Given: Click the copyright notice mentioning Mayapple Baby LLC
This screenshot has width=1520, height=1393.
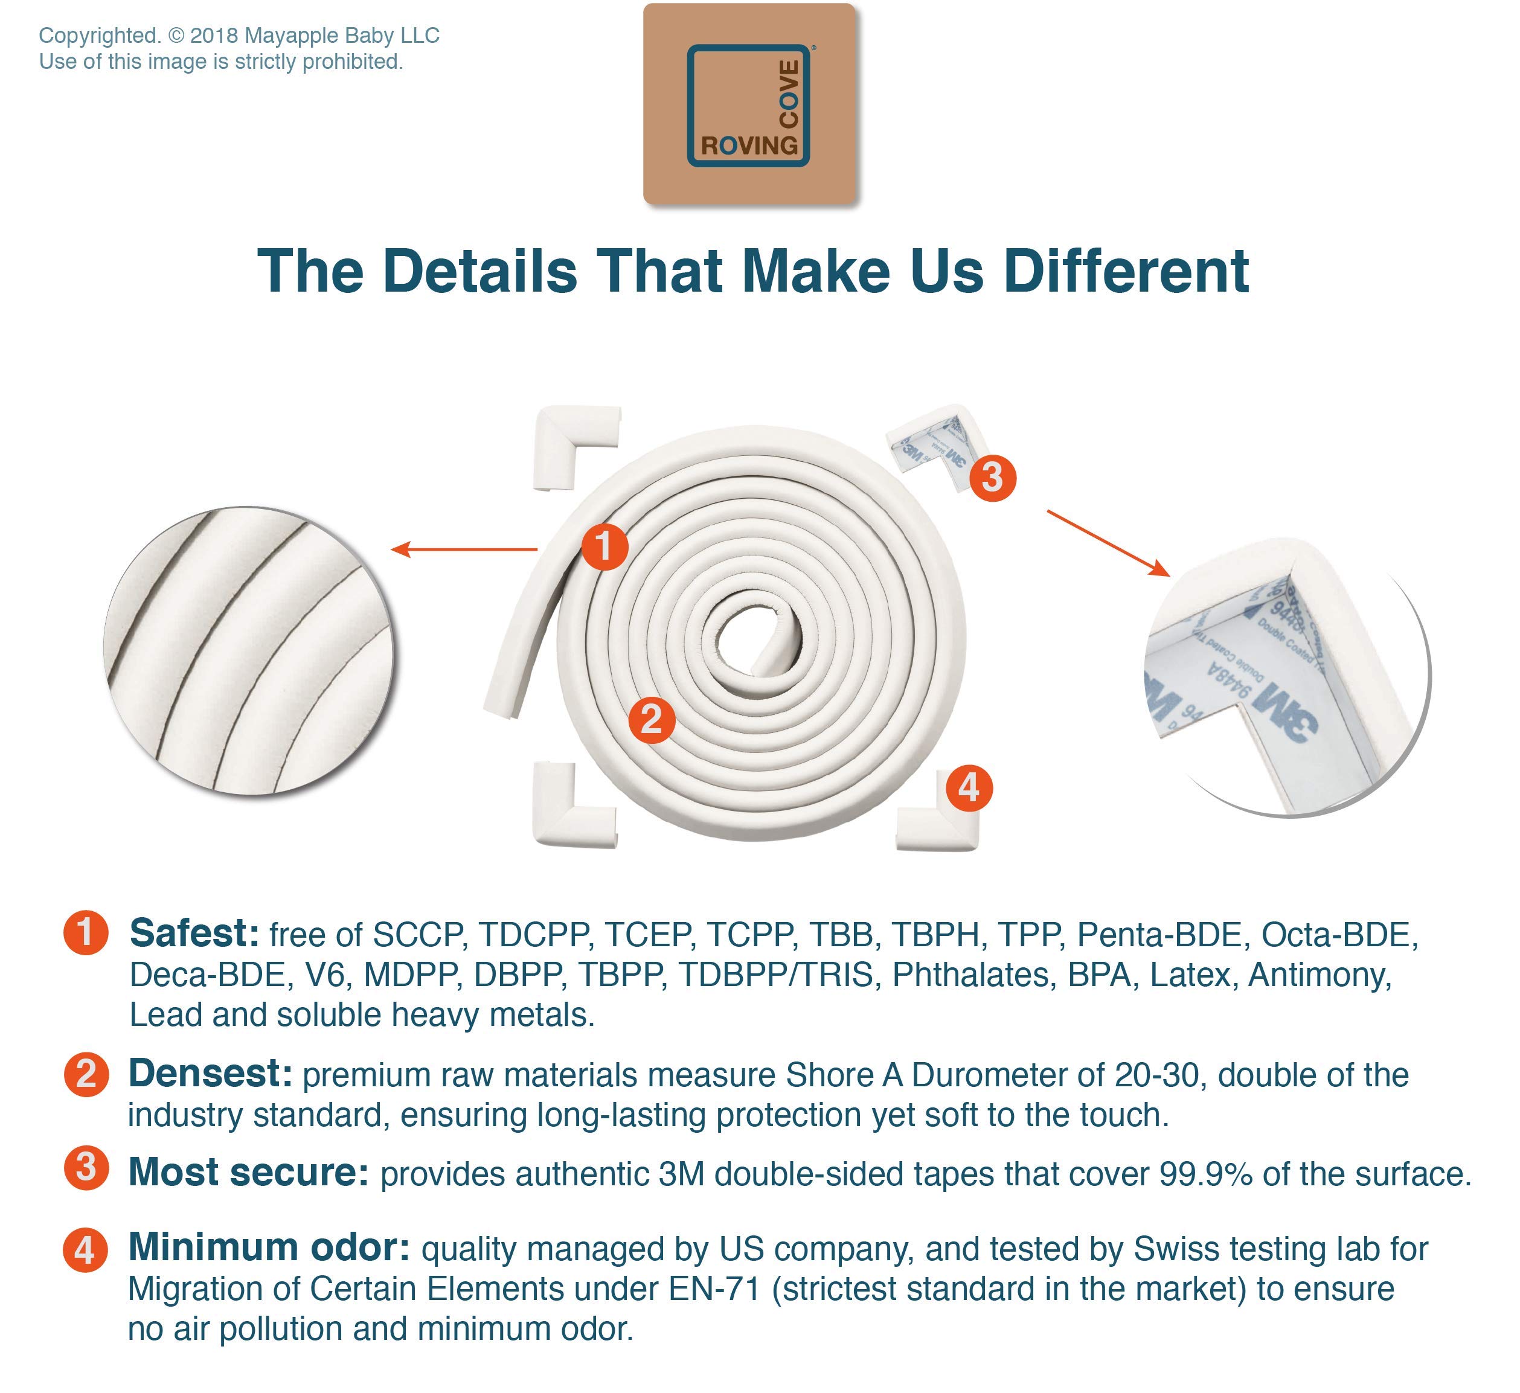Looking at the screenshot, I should click(239, 36).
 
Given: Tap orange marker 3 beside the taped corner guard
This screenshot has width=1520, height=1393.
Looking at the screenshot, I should click(992, 477).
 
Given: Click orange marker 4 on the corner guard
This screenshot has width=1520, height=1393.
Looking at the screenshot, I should click(969, 788).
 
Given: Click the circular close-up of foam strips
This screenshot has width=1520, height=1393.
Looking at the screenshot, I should click(248, 650).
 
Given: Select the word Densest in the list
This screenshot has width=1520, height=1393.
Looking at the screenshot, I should click(210, 1074).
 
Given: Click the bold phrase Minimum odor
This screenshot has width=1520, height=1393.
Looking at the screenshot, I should click(268, 1247).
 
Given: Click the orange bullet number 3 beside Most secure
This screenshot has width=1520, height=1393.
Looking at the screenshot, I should click(86, 1168).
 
